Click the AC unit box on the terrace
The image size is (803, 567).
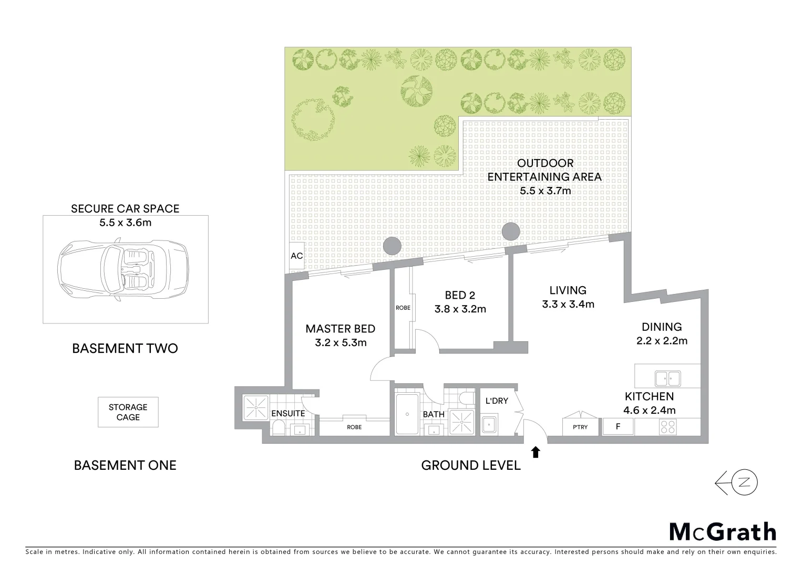tap(296, 256)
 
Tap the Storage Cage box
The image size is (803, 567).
tap(128, 412)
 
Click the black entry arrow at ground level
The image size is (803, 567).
tap(536, 452)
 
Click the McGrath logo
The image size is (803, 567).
tap(722, 532)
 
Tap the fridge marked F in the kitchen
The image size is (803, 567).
tap(618, 426)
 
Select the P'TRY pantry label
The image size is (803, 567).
tap(580, 427)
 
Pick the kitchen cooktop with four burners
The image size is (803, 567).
tap(667, 426)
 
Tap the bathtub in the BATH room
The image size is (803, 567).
tap(407, 414)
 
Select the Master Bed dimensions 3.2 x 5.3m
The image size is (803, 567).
tap(340, 343)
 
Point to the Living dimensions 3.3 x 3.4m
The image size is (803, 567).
tap(568, 304)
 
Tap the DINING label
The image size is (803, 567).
tap(661, 327)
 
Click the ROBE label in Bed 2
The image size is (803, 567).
tap(403, 308)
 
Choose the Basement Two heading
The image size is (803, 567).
tap(125, 348)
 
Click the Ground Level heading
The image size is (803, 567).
tap(471, 465)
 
